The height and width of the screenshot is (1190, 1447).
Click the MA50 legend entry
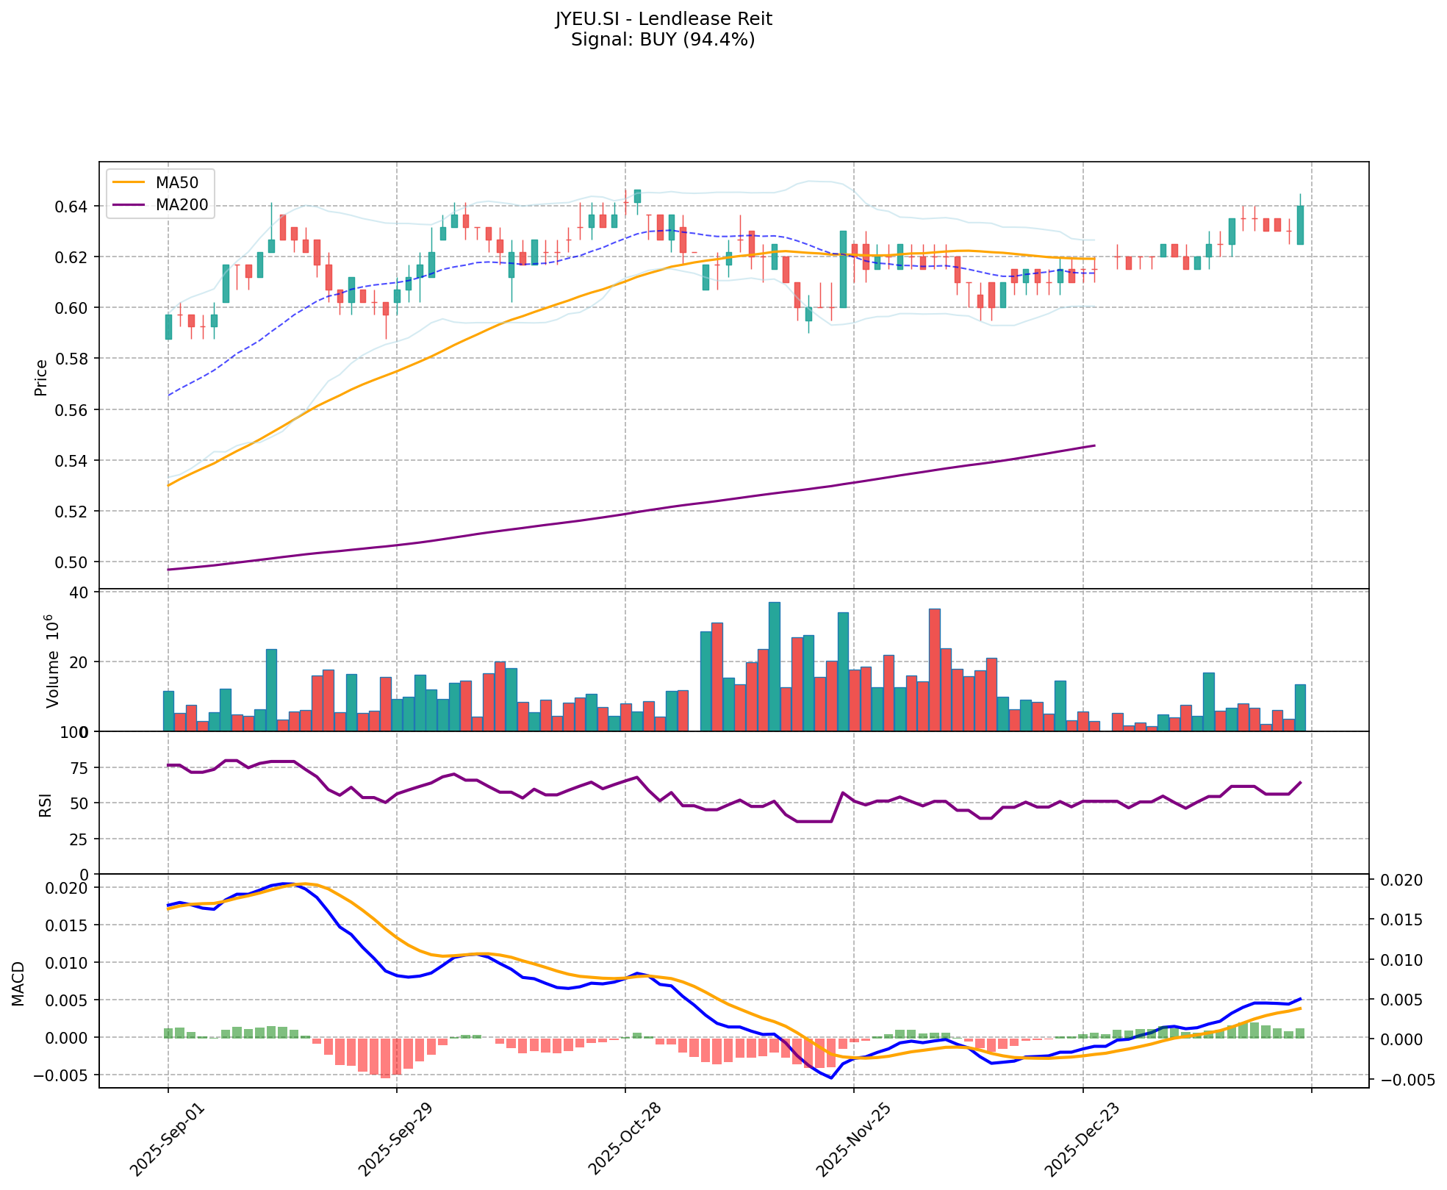[x=176, y=181]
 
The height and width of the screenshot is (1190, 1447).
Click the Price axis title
[x=41, y=378]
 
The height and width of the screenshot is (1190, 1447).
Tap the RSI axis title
[x=46, y=805]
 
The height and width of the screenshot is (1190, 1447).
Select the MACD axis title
[x=18, y=983]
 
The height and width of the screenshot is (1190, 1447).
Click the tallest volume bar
[x=774, y=666]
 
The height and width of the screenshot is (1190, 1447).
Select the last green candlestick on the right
[x=1300, y=225]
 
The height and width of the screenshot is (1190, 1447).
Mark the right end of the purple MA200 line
[x=1094, y=445]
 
